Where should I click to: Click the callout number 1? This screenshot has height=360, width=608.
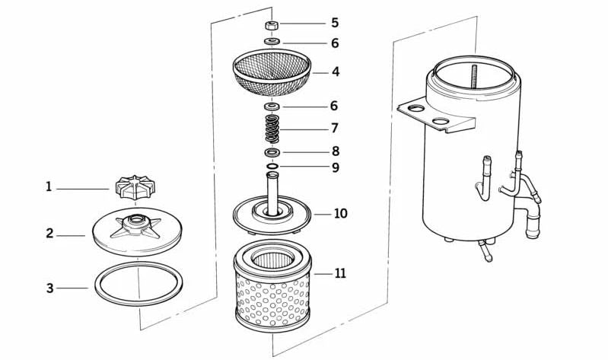click(x=49, y=186)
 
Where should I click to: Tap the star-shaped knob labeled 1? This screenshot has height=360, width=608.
click(x=135, y=186)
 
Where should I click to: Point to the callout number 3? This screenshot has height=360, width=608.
click(x=49, y=288)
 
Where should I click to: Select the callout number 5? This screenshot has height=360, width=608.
click(x=335, y=23)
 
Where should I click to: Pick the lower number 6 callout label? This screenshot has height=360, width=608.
click(x=335, y=106)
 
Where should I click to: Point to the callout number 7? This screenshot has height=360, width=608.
click(x=335, y=128)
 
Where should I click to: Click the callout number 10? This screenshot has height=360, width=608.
click(x=340, y=213)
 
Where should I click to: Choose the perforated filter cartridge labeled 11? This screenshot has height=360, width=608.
click(x=272, y=293)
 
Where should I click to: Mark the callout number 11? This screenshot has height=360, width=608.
click(x=340, y=272)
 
